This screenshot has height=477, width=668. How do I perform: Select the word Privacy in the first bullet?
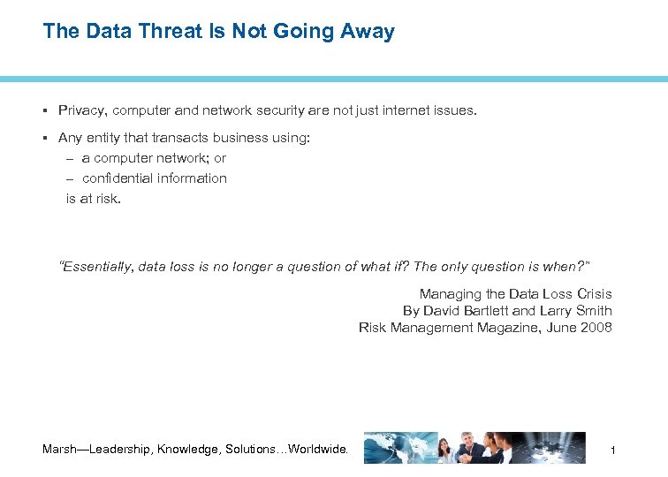(x=81, y=110)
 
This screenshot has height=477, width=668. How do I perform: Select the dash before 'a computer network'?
(x=70, y=158)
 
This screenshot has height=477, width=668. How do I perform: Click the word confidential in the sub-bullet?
(x=118, y=178)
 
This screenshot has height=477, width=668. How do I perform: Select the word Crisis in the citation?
(x=593, y=294)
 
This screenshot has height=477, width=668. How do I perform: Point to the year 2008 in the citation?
(x=596, y=328)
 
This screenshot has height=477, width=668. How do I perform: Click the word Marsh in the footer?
(x=60, y=450)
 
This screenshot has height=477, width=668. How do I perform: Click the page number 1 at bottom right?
(x=611, y=451)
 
